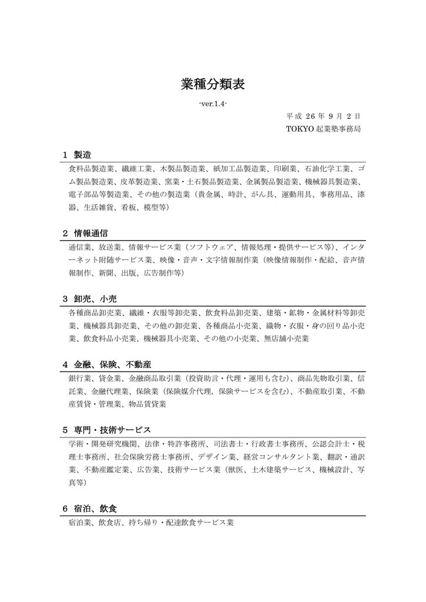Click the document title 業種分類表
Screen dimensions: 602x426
point(213,85)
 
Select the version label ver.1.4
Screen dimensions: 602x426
point(213,103)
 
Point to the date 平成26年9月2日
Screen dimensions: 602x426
point(323,116)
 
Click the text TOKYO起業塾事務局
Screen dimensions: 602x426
point(323,128)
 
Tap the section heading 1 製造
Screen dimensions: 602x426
point(77,155)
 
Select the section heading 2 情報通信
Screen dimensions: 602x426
point(85,233)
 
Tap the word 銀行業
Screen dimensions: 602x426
point(80,378)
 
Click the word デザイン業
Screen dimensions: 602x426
point(217,456)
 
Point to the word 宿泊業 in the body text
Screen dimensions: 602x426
point(80,522)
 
